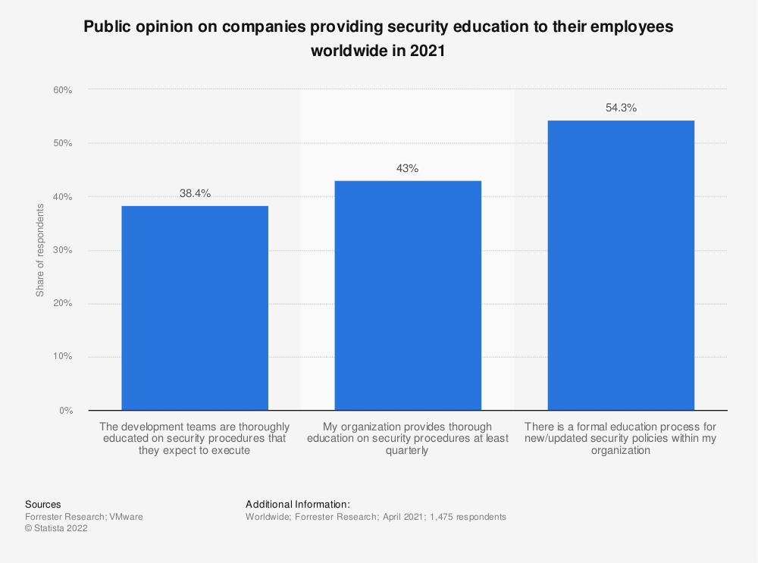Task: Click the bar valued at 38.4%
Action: (195, 308)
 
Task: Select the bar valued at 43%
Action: (408, 296)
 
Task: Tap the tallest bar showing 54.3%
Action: (621, 265)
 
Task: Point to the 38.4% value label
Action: (195, 194)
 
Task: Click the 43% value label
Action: (408, 169)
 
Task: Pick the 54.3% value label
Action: (621, 108)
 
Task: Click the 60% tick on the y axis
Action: (62, 90)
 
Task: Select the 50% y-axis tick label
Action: (62, 143)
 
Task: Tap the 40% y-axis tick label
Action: (62, 197)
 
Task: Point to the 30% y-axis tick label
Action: (62, 250)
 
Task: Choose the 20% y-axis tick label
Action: (62, 304)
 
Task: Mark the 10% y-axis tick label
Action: (62, 357)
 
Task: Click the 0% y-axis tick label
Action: (64, 411)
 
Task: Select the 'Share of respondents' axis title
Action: (40, 250)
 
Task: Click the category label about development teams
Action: (195, 439)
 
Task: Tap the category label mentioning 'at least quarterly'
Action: (408, 439)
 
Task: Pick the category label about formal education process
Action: (621, 439)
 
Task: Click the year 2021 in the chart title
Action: (425, 52)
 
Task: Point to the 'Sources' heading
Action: (43, 504)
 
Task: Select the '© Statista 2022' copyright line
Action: (56, 529)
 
